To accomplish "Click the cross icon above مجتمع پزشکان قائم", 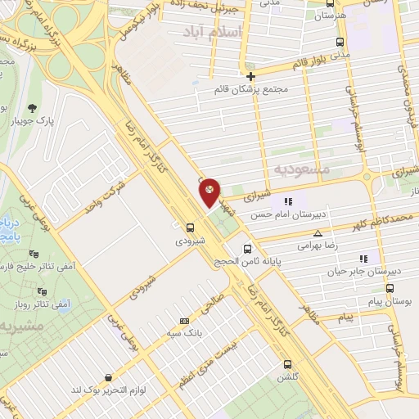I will pos(250,76).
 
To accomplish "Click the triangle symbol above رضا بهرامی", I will pos(318,233).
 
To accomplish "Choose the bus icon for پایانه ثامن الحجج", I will pos(247,248).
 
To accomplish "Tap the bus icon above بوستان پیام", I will pos(390,288).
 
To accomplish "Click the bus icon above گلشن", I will pos(286,365).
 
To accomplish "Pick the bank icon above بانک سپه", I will pos(185,321).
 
